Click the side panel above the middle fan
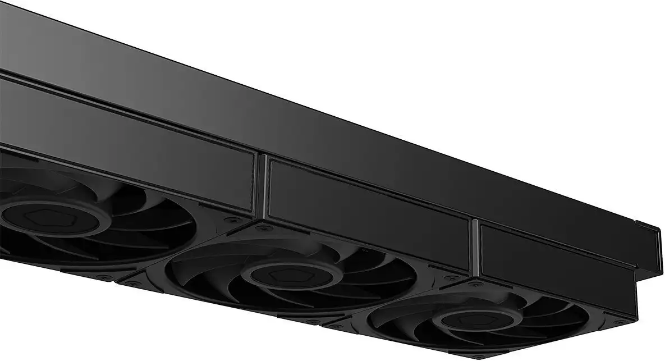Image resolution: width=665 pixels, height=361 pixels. point(368,213)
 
